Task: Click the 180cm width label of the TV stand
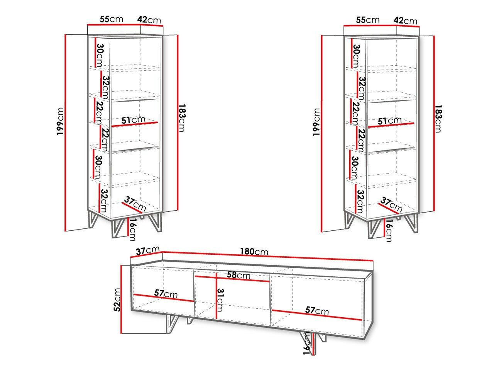click(x=254, y=251)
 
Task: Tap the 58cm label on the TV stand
click(x=239, y=275)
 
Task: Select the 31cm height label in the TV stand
click(x=220, y=300)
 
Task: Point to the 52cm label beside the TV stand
click(x=117, y=300)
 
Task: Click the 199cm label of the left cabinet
click(x=60, y=121)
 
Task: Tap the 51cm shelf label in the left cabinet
click(x=134, y=120)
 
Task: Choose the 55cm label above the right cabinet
click(x=367, y=20)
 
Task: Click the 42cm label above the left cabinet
click(x=149, y=20)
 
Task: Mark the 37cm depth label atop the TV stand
click(x=148, y=250)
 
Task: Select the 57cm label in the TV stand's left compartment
click(x=166, y=293)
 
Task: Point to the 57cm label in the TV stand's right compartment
click(x=317, y=311)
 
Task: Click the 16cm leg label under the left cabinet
click(x=133, y=229)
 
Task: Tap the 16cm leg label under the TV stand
click(x=307, y=343)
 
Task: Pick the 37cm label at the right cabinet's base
click(x=391, y=204)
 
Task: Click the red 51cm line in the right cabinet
click(x=391, y=125)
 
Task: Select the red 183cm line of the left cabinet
click(x=178, y=122)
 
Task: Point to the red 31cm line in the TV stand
click(x=217, y=296)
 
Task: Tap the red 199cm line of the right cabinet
click(x=322, y=134)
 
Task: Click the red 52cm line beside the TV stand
click(x=121, y=299)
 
